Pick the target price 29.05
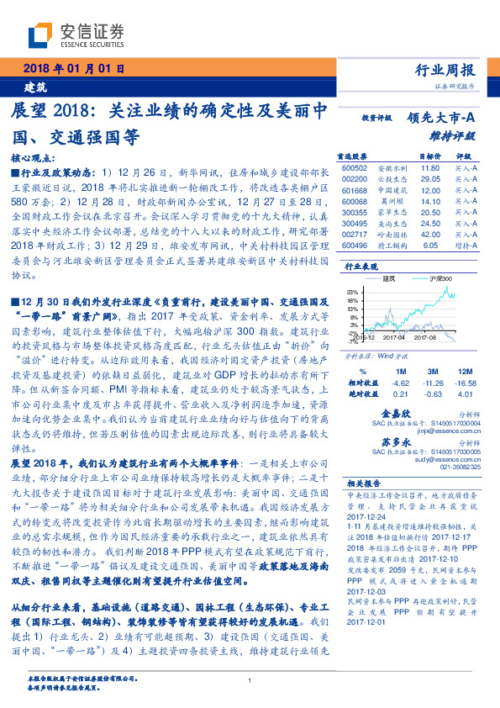430,179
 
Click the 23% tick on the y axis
350,291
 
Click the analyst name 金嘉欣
396,415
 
